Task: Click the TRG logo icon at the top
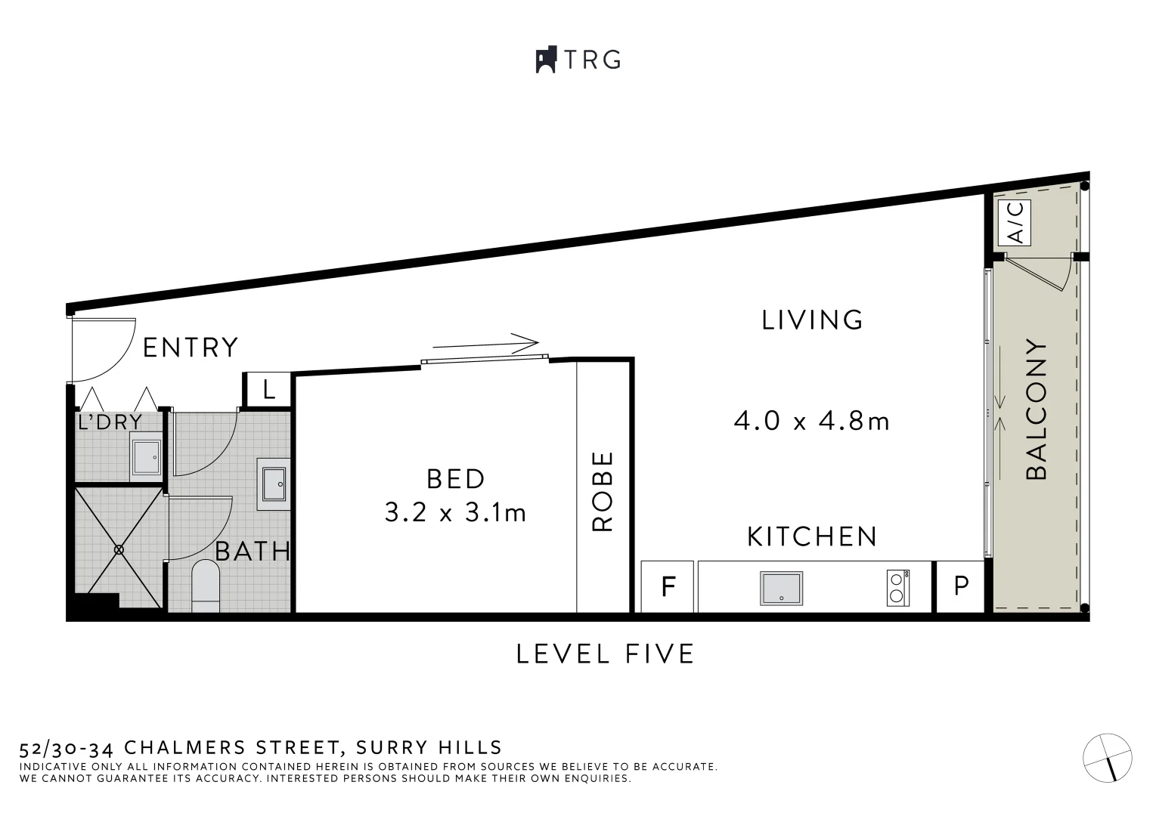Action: coord(546,60)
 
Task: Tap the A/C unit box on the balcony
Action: coord(1015,222)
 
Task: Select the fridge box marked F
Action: coord(668,586)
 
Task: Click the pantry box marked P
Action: coord(960,586)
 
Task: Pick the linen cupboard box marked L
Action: coord(268,391)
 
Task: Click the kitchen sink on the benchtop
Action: coord(781,588)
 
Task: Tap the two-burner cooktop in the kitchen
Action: coord(897,587)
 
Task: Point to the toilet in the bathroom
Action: coord(205,585)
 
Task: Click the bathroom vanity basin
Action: coord(273,480)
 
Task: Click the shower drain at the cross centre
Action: coord(119,549)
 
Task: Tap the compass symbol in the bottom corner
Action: coord(1108,757)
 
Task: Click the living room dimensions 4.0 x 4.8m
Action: coord(811,421)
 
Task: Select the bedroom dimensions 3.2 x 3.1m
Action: coord(455,514)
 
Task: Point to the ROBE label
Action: coord(603,491)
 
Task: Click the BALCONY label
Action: coord(1037,410)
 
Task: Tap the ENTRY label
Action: coord(191,348)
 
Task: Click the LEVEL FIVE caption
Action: coord(605,654)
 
